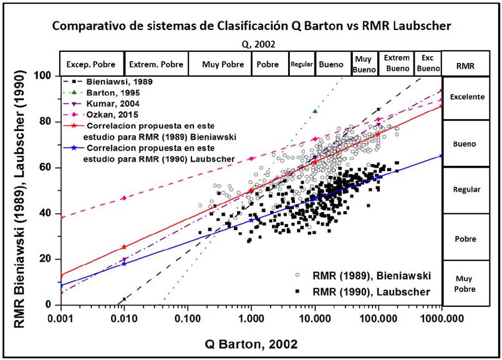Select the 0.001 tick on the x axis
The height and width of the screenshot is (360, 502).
61,317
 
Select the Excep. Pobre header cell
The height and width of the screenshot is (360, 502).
92,64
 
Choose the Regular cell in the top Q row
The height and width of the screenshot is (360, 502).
302,64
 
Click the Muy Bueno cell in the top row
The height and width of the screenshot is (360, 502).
363,64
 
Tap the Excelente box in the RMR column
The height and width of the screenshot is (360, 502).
466,97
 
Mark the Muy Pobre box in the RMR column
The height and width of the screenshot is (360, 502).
466,285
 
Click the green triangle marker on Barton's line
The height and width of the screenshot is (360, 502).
315,111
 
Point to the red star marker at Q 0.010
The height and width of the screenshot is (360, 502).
124,247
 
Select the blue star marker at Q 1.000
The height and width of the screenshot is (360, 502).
251,220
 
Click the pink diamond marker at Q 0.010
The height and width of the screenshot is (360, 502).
124,198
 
